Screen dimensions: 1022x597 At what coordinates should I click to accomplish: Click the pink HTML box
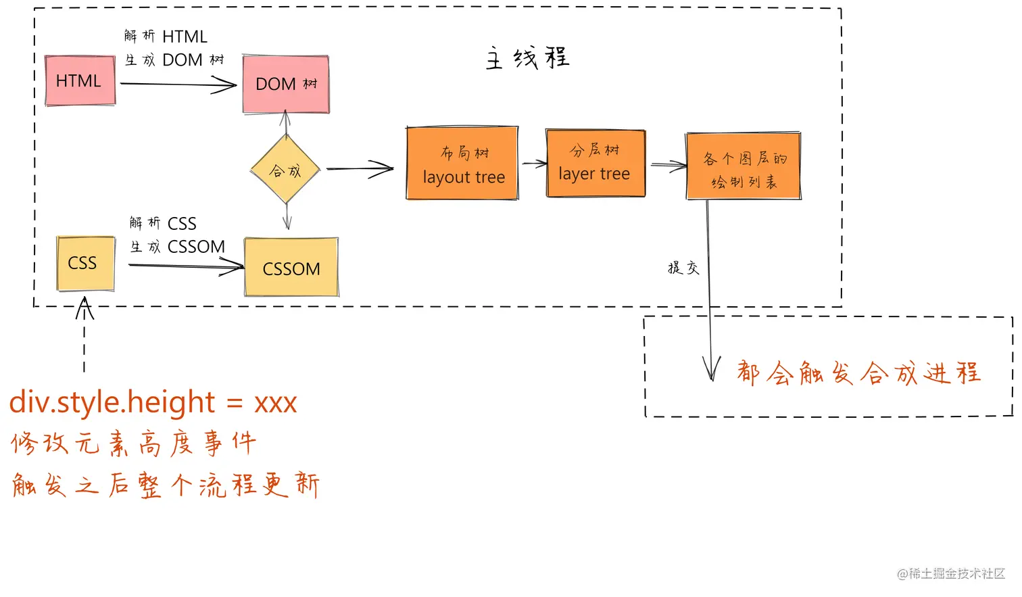pos(80,80)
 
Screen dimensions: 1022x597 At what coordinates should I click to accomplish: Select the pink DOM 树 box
pos(286,84)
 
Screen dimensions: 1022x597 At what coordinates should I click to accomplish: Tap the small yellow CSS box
pos(85,264)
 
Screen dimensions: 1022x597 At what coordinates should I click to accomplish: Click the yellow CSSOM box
pos(291,267)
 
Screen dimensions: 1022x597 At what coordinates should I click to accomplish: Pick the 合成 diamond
pos(285,169)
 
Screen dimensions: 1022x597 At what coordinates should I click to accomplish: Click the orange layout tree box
pos(462,163)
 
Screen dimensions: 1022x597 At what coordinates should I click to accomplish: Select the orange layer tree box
pos(595,163)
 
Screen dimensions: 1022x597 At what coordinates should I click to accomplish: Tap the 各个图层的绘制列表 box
pos(744,166)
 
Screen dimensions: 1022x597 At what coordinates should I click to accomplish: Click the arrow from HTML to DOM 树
pos(178,85)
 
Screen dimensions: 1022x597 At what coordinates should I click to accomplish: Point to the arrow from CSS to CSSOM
pos(186,266)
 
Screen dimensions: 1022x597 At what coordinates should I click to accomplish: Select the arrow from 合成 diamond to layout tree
pos(360,169)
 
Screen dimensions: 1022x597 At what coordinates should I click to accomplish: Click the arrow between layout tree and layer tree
pos(534,163)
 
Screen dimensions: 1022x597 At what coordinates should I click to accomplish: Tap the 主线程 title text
pos(527,58)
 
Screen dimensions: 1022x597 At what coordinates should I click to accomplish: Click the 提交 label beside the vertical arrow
pos(683,268)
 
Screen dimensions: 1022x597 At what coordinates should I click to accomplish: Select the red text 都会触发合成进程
pos(858,373)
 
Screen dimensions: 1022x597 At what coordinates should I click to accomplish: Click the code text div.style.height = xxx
pos(153,402)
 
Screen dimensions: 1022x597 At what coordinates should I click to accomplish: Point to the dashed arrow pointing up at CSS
pos(84,334)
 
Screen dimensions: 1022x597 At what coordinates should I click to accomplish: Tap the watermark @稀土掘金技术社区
pos(951,573)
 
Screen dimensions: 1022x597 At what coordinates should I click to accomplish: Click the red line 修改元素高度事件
pos(133,443)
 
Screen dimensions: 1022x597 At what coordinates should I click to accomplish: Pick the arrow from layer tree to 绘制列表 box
pos(668,166)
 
